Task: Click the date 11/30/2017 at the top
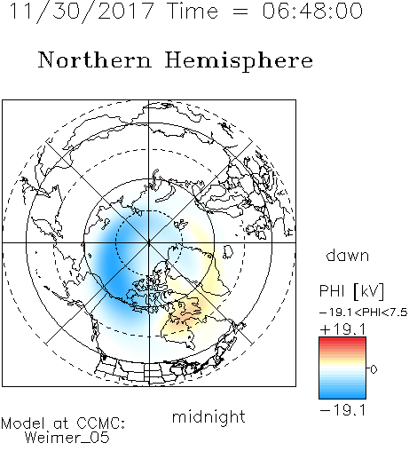click(x=82, y=12)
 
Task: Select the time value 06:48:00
click(x=312, y=11)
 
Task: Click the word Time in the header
click(x=193, y=11)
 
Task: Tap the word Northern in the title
click(x=95, y=59)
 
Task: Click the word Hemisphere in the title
click(x=239, y=61)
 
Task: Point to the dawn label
click(x=348, y=255)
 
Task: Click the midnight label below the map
click(x=208, y=416)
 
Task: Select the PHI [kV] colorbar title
click(x=351, y=290)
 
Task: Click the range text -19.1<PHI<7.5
click(x=364, y=313)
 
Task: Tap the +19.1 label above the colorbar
click(x=342, y=329)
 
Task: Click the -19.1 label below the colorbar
click(x=342, y=410)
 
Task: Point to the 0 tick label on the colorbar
click(x=374, y=369)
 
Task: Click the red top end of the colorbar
click(x=342, y=340)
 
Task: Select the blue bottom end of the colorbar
click(x=342, y=396)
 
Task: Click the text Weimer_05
click(x=67, y=437)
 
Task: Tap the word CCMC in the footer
click(x=100, y=423)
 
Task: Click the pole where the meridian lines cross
click(x=149, y=242)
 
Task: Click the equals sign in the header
click(x=240, y=12)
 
